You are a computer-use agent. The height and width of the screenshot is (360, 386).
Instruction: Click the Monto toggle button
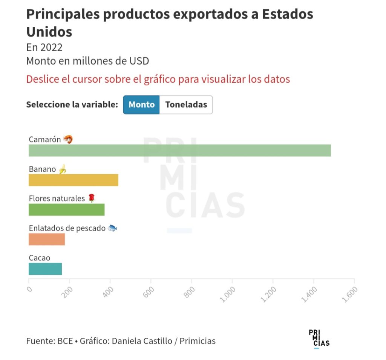(x=141, y=105)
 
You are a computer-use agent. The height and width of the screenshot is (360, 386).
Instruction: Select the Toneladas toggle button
(x=186, y=105)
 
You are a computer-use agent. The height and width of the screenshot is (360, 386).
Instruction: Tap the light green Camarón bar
(x=179, y=150)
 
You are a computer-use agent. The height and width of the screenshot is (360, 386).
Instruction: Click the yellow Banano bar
(x=74, y=180)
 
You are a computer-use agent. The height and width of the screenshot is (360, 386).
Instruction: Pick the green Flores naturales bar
(x=66, y=209)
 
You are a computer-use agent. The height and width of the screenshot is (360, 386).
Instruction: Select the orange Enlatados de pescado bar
(x=47, y=239)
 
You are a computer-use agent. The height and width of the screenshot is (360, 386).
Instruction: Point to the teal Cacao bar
(x=45, y=269)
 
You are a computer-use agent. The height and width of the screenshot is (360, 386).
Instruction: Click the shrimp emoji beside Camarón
(x=67, y=139)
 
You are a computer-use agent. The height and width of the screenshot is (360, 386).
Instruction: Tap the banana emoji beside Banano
(x=63, y=169)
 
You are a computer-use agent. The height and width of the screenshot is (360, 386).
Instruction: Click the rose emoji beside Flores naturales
(x=92, y=198)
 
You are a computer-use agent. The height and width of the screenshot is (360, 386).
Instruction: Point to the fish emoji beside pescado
(x=112, y=228)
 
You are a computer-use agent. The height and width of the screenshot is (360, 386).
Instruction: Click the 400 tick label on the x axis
(x=108, y=292)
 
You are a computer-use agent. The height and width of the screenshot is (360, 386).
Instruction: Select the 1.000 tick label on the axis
(x=229, y=294)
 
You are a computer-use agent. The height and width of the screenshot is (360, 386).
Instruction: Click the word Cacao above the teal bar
(x=40, y=258)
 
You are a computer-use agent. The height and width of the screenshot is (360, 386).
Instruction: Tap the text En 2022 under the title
(x=44, y=48)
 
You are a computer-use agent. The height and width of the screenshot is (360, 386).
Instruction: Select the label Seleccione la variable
(x=72, y=105)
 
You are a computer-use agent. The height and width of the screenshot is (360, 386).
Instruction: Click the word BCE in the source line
(x=65, y=341)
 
